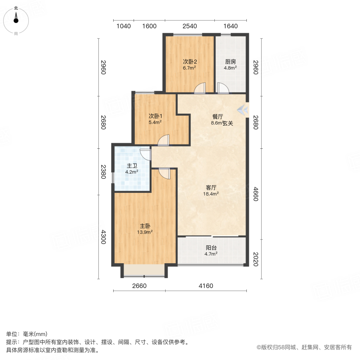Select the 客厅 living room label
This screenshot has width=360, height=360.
pos(211,187)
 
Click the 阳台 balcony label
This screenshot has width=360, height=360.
pos(211,248)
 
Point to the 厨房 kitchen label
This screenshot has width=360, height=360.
pos(230,62)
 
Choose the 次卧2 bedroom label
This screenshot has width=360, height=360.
pos(190,62)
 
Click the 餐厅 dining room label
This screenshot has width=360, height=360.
pos(218,117)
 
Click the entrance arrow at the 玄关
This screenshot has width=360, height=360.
pos(242,109)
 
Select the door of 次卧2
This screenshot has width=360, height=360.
pos(200,88)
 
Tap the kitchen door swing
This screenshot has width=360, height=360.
pos(222,88)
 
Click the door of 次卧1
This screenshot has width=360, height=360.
pos(164,140)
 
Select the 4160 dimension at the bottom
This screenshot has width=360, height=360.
pos(206,286)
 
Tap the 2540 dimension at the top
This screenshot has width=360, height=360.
pos(190,26)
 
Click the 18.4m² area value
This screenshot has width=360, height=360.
pos(211,194)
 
